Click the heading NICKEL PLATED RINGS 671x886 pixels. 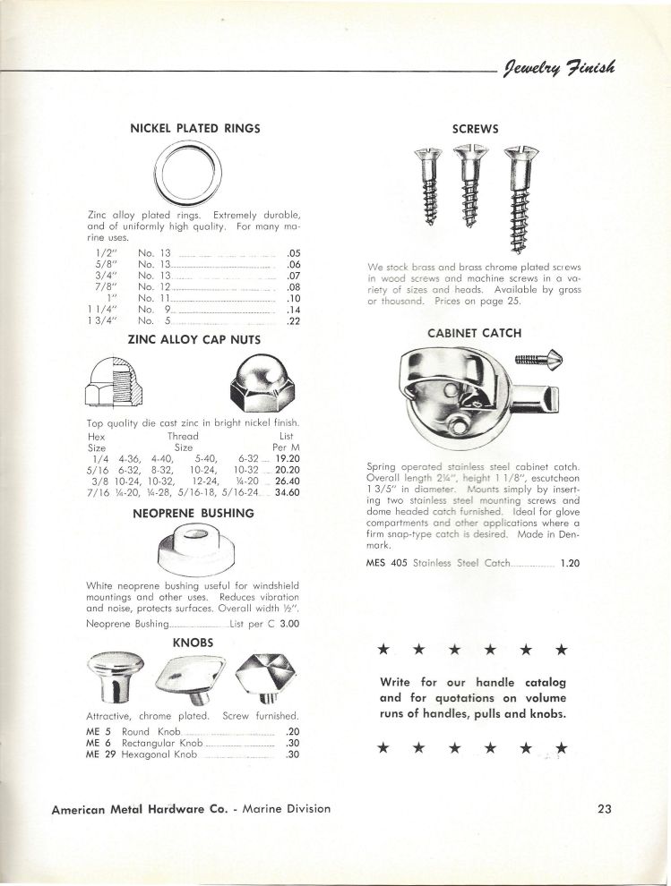194,128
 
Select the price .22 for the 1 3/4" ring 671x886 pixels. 291,321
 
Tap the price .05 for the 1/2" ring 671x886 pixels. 291,253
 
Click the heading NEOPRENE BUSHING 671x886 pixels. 193,515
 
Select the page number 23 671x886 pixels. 603,809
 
